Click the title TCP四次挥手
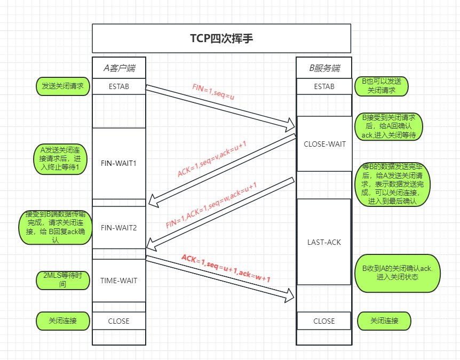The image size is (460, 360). (221, 38)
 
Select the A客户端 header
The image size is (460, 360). (119, 68)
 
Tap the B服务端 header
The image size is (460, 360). (324, 68)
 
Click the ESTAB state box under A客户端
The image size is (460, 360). (119, 86)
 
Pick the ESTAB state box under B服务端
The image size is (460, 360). (324, 86)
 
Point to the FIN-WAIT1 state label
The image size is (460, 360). (119, 163)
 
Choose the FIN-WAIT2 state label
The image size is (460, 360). (119, 228)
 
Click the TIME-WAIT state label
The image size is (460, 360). (119, 281)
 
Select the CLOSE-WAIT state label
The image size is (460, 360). (324, 144)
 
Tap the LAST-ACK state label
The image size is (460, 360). (324, 242)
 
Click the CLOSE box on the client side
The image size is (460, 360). (119, 321)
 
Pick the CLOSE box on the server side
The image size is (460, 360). (324, 321)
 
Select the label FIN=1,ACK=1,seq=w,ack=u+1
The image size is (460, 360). (211, 205)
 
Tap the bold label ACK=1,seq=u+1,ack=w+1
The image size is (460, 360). (226, 268)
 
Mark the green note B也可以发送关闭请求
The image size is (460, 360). (382, 86)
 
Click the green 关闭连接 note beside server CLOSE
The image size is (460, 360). (384, 321)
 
